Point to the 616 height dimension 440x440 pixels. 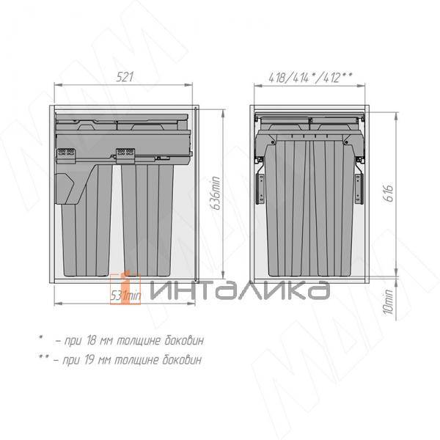(x=389, y=193)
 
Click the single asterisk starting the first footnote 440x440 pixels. (x=41, y=338)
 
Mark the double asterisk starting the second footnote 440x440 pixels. (x=43, y=358)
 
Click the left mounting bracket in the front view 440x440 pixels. (x=260, y=187)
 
